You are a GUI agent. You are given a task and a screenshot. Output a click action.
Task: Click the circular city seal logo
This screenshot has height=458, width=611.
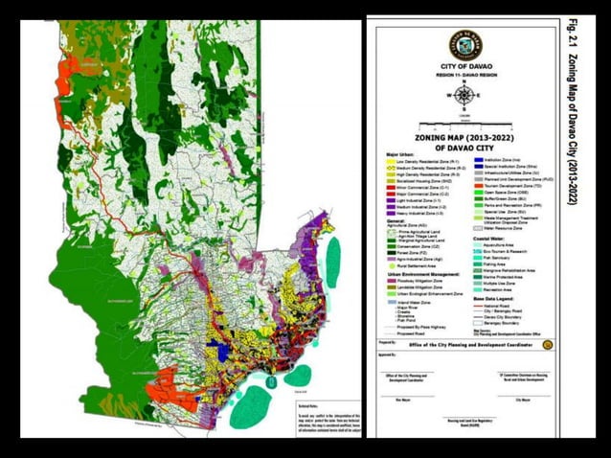(x=465, y=45)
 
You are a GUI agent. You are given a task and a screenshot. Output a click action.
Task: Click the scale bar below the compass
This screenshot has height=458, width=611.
(x=464, y=115)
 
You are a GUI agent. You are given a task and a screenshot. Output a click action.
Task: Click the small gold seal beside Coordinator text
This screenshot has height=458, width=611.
(x=547, y=344)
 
